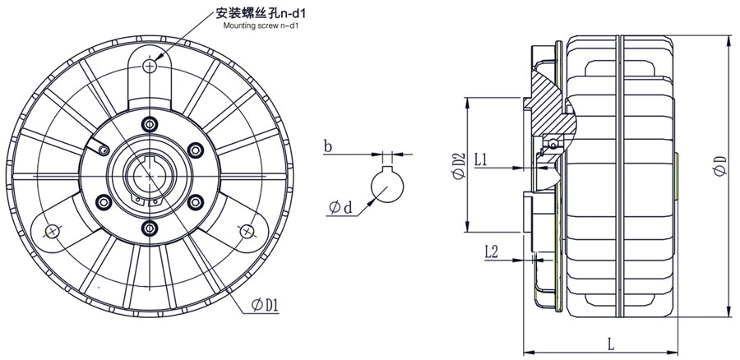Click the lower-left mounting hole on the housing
pyautogui.click(x=51, y=231)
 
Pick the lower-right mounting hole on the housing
pyautogui.click(x=246, y=231)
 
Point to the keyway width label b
pyautogui.click(x=327, y=148)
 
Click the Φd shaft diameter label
pyautogui.click(x=340, y=207)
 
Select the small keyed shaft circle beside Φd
pyautogui.click(x=384, y=184)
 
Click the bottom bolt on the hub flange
pyautogui.click(x=149, y=227)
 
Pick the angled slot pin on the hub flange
pyautogui.click(x=102, y=150)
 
